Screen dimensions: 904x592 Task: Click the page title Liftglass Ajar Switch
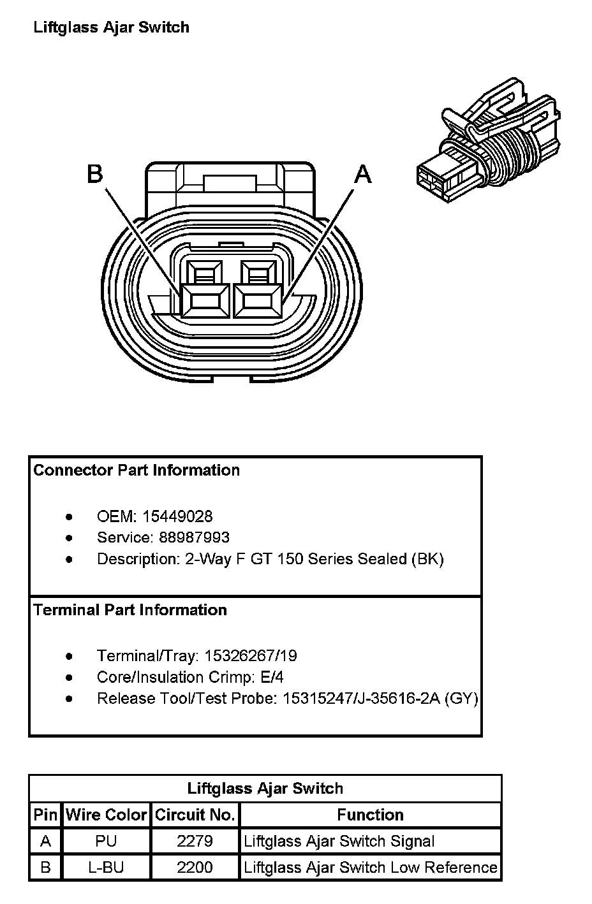click(x=111, y=27)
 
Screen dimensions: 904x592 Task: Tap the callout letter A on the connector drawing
click(x=362, y=173)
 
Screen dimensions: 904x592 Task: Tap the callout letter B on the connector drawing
click(x=95, y=173)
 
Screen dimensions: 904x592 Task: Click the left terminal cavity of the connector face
click(x=204, y=300)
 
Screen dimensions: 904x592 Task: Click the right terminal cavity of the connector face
click(x=257, y=300)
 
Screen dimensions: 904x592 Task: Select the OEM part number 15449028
click(x=177, y=516)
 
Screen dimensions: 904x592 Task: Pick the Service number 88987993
click(x=195, y=537)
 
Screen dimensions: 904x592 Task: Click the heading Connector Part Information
click(x=137, y=470)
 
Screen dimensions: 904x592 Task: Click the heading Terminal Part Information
click(x=130, y=610)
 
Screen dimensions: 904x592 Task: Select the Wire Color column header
click(x=106, y=815)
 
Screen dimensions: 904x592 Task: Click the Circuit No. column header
click(x=195, y=815)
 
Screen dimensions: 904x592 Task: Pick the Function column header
click(x=370, y=815)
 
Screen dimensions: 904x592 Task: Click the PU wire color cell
click(x=106, y=841)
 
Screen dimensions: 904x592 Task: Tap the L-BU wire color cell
click(x=106, y=868)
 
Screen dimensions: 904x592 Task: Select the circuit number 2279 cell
click(x=195, y=841)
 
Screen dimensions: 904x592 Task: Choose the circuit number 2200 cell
click(x=195, y=868)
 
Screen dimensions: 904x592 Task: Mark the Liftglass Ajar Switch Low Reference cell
click(x=370, y=868)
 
